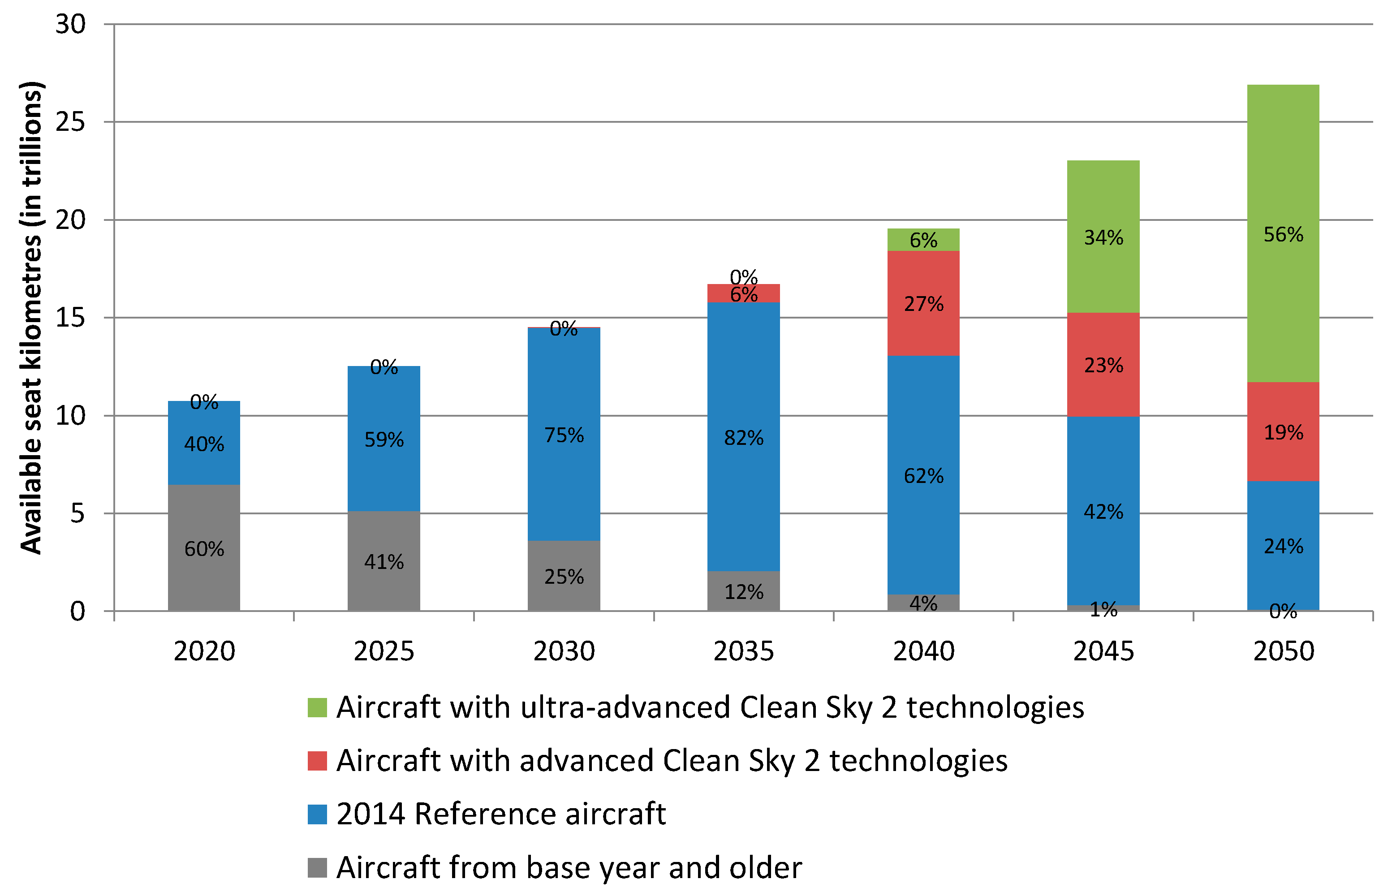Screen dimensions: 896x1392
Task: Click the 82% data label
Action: pos(743,438)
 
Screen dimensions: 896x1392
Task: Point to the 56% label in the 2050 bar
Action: pos(1283,234)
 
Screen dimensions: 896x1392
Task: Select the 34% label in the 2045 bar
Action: pos(1103,237)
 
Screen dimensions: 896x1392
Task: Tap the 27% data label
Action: pos(923,304)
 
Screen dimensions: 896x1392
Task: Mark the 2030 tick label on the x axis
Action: pos(564,651)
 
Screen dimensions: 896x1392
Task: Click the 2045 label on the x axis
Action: pos(1103,651)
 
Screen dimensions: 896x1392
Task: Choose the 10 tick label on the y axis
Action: pos(70,415)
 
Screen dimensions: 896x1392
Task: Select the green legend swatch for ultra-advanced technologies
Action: pos(317,707)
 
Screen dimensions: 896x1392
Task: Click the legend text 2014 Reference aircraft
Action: pos(500,814)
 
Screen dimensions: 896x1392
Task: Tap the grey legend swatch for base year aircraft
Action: pos(317,867)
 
